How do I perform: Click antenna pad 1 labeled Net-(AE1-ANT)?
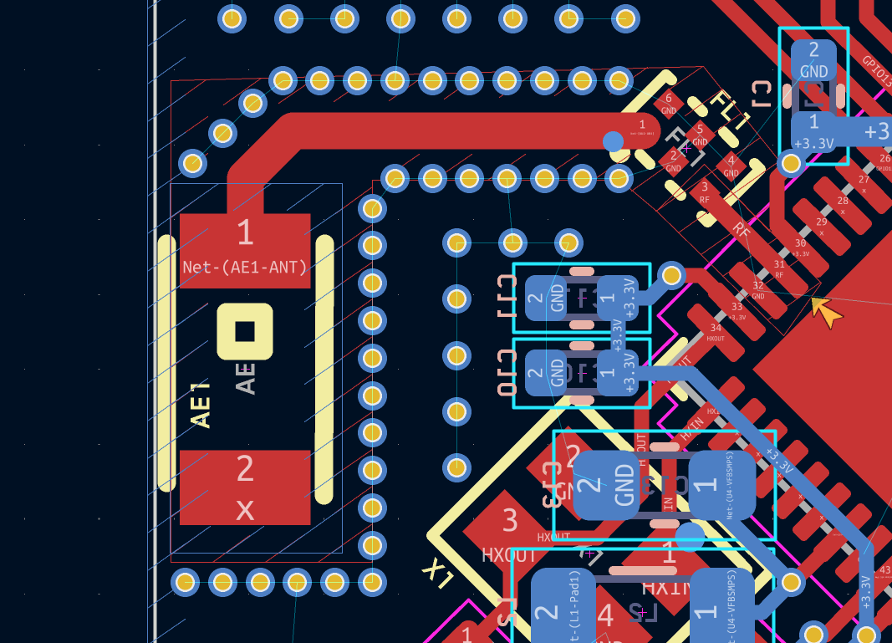(x=245, y=250)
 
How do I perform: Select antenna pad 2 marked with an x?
(x=245, y=487)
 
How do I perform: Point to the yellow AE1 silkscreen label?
(x=201, y=406)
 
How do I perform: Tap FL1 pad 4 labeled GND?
(x=731, y=166)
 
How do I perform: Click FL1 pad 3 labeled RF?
(x=704, y=193)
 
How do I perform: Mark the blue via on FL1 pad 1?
(x=614, y=141)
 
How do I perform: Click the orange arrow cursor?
(x=827, y=314)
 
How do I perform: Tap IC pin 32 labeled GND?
(x=757, y=289)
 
